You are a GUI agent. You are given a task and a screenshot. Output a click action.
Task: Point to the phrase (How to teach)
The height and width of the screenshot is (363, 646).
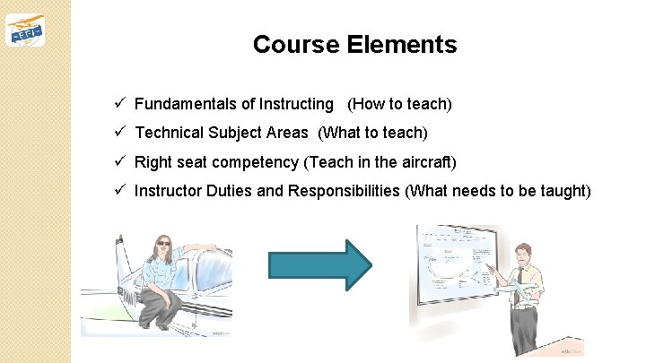point(399,104)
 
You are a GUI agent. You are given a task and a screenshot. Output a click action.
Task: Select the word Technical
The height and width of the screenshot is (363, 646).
point(169,133)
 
